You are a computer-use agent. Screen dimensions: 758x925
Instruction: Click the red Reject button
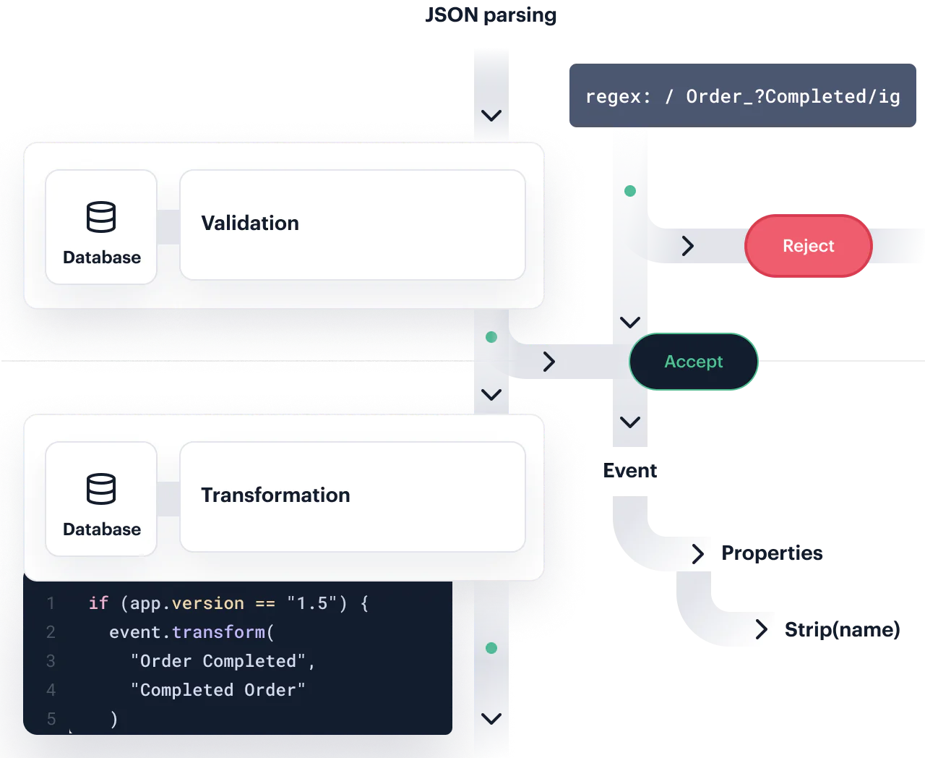coord(808,246)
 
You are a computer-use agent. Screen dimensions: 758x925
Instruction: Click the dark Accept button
coord(693,362)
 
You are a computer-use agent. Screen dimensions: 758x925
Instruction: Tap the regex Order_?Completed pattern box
coord(742,96)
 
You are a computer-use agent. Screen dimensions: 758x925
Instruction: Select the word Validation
coord(250,223)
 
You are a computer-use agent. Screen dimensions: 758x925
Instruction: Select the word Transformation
coord(275,495)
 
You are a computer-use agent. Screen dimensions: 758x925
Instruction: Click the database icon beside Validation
coord(101,217)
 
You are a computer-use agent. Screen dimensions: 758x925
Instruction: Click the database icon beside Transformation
coord(101,489)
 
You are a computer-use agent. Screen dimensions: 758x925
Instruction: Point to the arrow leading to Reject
coord(688,246)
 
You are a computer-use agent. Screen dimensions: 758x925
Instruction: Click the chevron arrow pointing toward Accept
coord(549,362)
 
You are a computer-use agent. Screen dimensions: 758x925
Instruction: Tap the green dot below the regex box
coord(630,191)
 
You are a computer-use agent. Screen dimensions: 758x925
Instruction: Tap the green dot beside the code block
coord(491,648)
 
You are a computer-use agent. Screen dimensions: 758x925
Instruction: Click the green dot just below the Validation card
coord(491,337)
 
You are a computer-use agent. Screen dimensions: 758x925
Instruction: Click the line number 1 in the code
coord(51,603)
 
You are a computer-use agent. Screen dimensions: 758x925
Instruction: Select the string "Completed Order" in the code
coord(218,690)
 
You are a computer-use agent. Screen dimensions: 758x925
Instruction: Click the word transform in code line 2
coord(218,632)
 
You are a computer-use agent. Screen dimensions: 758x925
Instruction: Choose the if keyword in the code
coord(98,603)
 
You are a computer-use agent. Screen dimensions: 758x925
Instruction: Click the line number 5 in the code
coord(51,719)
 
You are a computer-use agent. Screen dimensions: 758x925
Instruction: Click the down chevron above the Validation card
coord(491,116)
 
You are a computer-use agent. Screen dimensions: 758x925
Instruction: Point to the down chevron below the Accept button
coord(630,422)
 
